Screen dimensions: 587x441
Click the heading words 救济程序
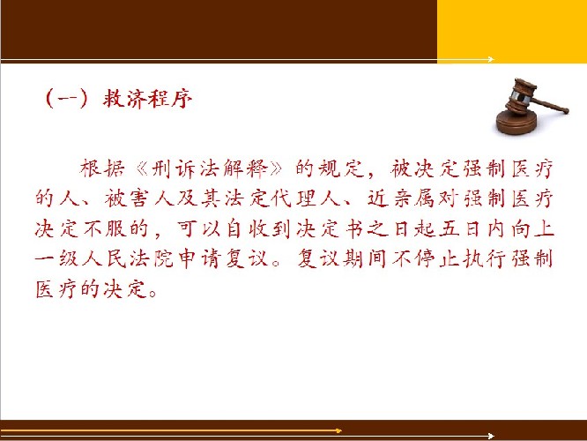tap(147, 99)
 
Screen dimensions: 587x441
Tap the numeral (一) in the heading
tap(68, 99)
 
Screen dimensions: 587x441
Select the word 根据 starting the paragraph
tap(101, 168)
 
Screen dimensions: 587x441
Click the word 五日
tap(459, 228)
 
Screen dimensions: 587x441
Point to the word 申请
tap(198, 258)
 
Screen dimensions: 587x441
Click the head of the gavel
tap(520, 95)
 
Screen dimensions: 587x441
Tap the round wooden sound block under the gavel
tap(516, 122)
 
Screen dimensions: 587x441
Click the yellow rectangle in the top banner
tap(512, 31)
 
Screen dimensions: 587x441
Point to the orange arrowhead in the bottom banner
tap(338, 430)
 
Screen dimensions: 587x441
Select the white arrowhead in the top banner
tap(491, 59)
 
